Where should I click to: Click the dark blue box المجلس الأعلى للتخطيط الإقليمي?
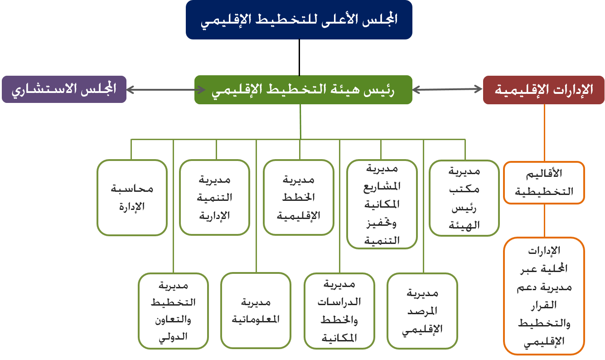pos(299,19)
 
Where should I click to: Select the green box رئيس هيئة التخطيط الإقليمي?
pos(303,90)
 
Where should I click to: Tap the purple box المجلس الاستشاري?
pos(64,89)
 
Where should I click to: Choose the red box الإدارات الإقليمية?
pos(544,90)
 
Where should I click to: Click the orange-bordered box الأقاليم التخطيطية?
pos(544,183)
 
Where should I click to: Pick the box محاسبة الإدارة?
pos(132,198)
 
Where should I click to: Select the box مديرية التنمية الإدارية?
pos(214,198)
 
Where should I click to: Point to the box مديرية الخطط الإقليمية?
pos(299,198)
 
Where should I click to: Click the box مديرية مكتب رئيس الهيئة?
pos(464,198)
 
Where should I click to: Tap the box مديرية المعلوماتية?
pos(256,311)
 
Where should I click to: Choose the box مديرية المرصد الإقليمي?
pos(422,311)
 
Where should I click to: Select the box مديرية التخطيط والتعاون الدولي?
pos(173,311)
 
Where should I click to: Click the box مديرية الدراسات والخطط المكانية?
pos(339,311)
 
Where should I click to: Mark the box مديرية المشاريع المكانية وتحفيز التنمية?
pos(382,204)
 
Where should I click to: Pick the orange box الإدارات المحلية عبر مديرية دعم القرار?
pos(544,296)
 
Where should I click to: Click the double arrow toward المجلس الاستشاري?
pos(160,90)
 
